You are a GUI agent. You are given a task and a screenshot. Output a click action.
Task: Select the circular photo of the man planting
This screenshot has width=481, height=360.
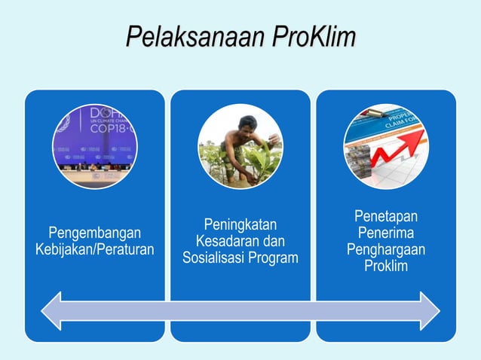click(240, 146)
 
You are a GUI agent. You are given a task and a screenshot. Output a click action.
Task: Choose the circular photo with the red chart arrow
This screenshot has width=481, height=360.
click(385, 146)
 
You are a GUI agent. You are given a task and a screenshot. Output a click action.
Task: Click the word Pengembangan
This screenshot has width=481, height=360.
click(94, 232)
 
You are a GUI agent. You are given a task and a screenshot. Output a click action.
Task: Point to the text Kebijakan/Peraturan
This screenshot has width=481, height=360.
click(94, 249)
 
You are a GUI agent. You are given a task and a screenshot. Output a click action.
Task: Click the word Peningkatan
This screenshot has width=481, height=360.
click(240, 224)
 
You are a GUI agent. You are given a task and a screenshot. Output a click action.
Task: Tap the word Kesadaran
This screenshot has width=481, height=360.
click(222, 241)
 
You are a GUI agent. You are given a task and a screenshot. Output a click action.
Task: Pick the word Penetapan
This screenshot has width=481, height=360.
click(386, 217)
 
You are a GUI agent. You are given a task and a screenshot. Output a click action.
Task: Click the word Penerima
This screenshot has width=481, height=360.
click(386, 233)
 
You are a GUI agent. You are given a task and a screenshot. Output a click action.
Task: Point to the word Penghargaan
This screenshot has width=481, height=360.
click(386, 250)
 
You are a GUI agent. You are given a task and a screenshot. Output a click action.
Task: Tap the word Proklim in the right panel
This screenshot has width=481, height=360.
click(386, 267)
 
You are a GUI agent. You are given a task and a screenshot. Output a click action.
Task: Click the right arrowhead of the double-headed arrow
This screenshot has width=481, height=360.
click(430, 310)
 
